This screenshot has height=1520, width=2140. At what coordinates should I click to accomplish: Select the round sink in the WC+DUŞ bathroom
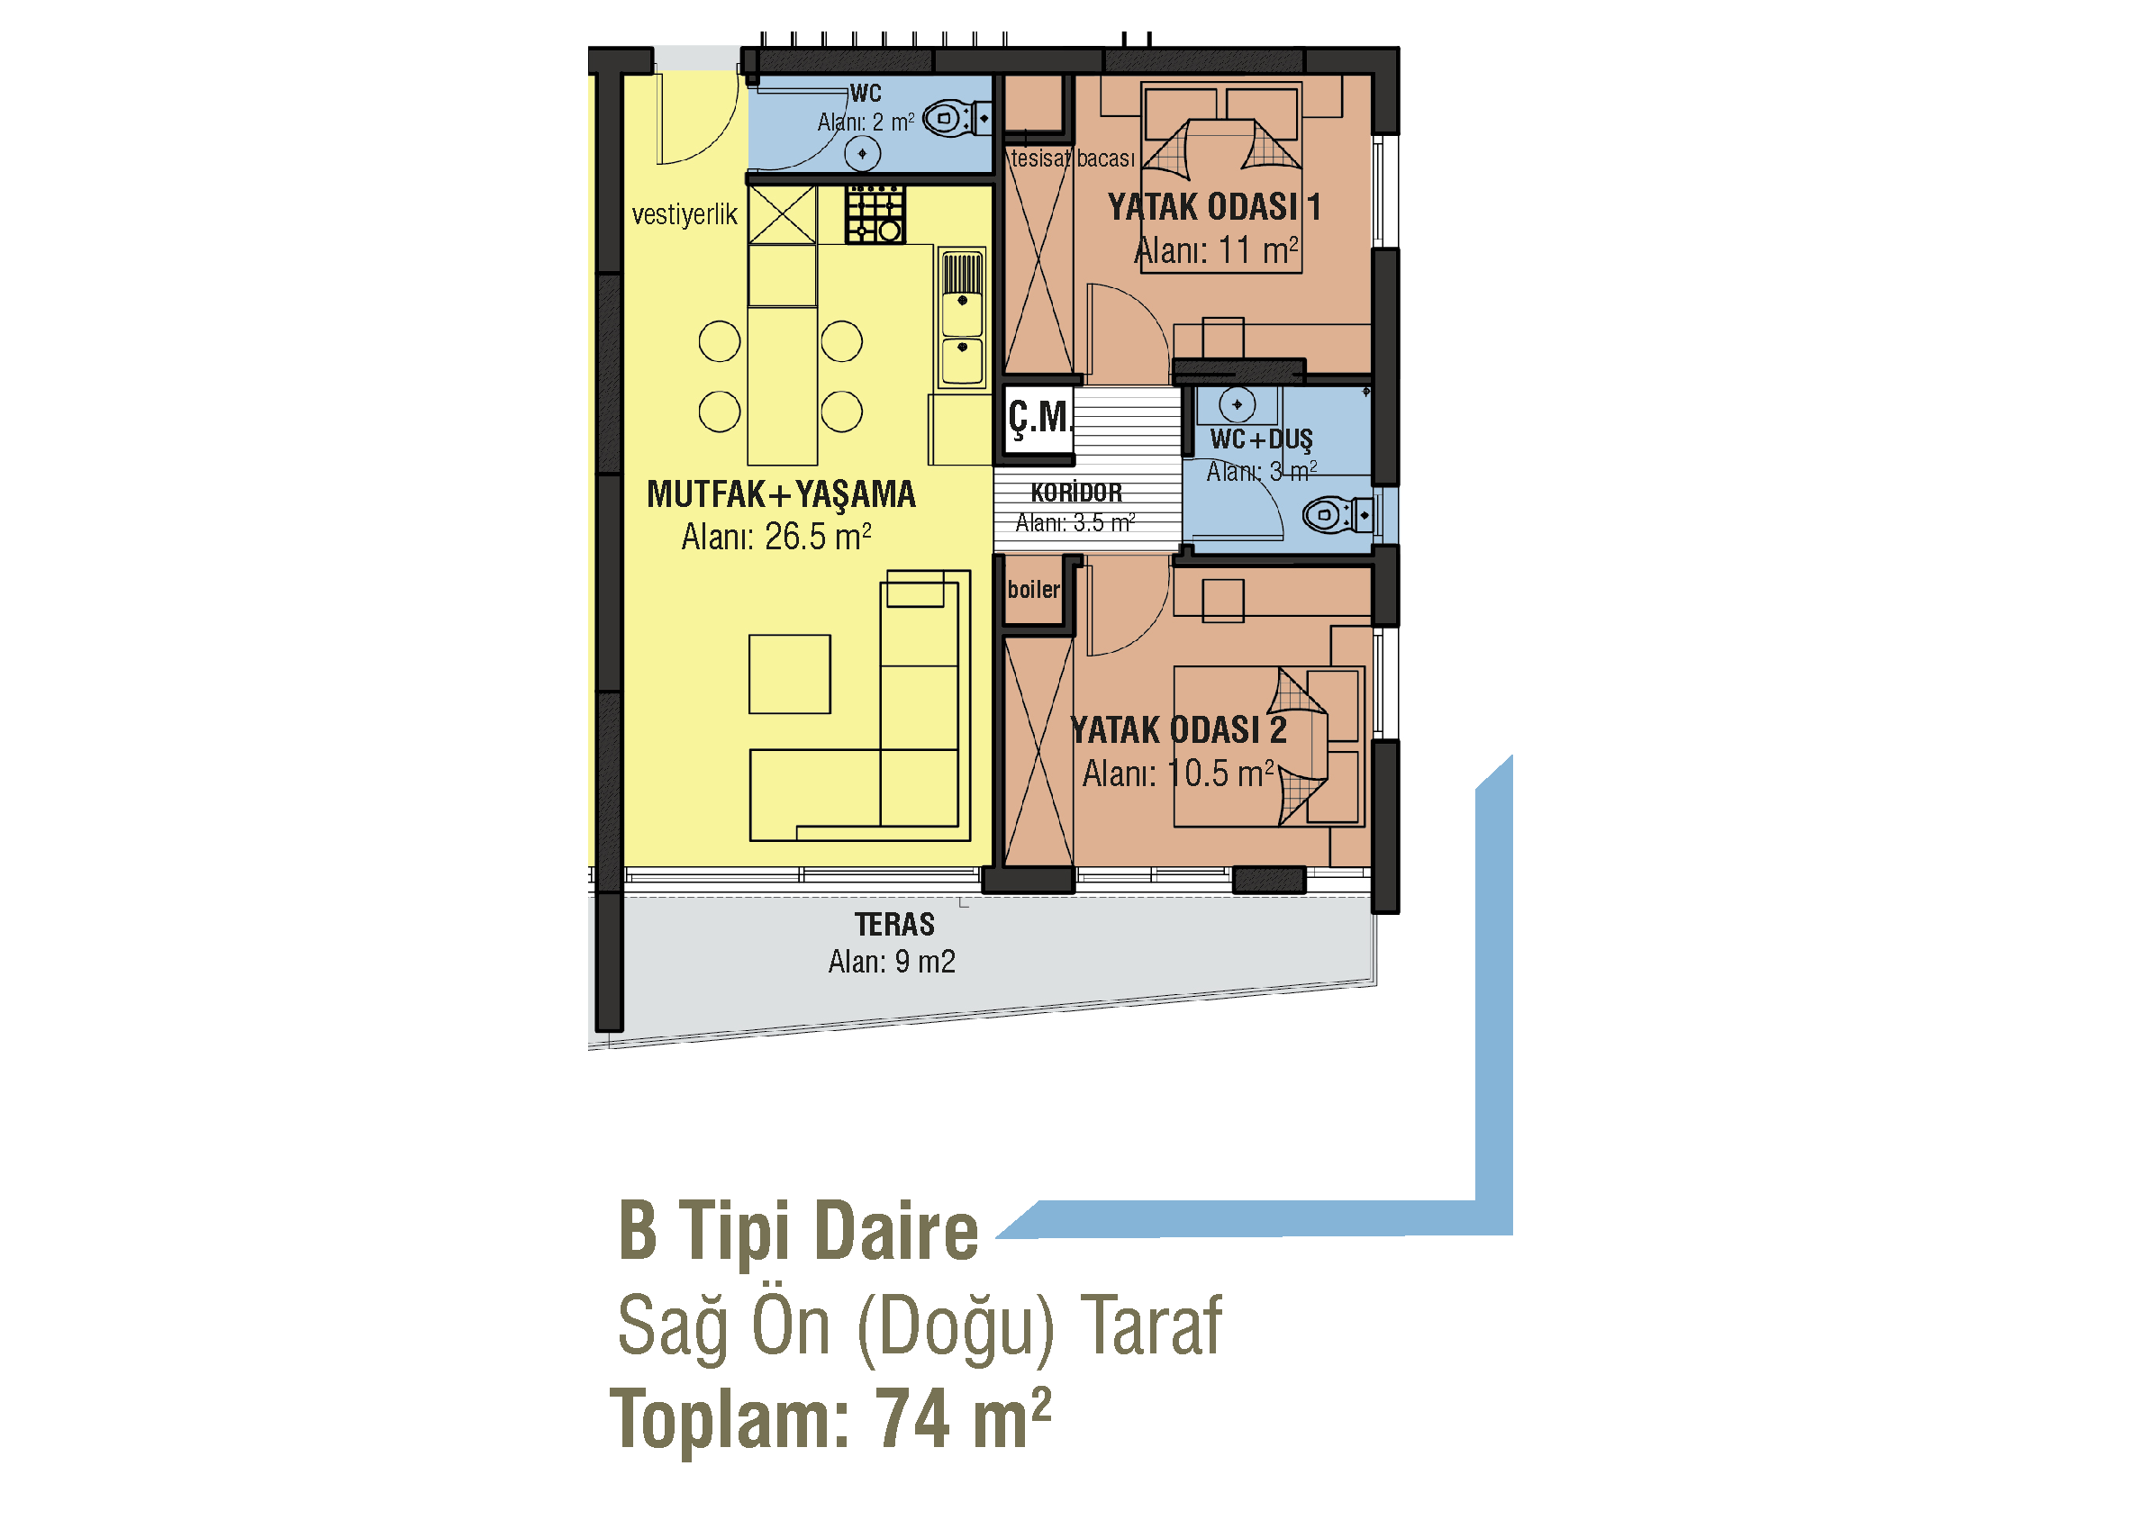[x=1238, y=404]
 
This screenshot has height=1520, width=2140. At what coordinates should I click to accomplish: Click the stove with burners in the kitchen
[x=875, y=214]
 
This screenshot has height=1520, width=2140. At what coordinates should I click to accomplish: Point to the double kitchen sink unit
[x=961, y=317]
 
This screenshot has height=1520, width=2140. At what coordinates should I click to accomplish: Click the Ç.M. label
[x=1039, y=418]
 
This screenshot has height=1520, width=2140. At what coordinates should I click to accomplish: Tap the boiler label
[x=1033, y=590]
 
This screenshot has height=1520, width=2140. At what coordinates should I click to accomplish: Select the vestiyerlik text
[x=685, y=215]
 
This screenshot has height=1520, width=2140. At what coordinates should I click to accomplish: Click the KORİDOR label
[x=1076, y=493]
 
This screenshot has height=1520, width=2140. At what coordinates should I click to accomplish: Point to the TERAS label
[x=894, y=925]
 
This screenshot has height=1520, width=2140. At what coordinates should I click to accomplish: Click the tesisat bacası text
[x=1073, y=158]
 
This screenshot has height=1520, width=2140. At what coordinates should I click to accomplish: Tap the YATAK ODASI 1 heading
[x=1214, y=207]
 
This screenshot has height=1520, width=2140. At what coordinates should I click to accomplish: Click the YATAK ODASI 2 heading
[x=1179, y=730]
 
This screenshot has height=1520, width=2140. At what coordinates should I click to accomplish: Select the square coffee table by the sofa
[x=789, y=674]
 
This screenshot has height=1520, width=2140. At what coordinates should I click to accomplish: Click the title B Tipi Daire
[x=799, y=1232]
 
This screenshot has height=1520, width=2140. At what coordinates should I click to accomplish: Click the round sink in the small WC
[x=862, y=153]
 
